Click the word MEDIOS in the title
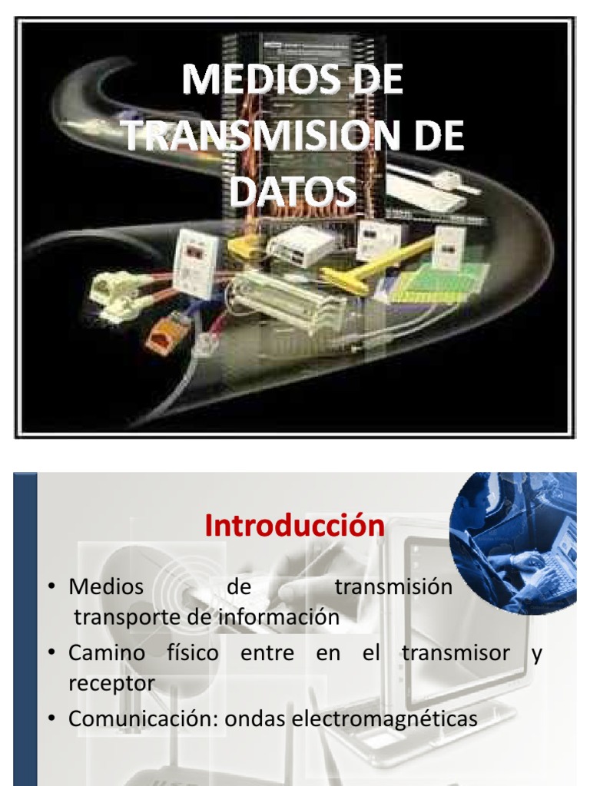pyautogui.click(x=258, y=79)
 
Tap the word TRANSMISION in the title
pyautogui.click(x=264, y=135)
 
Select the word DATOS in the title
pyautogui.click(x=293, y=191)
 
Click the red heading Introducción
pyautogui.click(x=294, y=525)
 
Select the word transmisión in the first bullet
pyautogui.click(x=394, y=586)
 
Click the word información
pyautogui.click(x=279, y=616)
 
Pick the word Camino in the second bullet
pyautogui.click(x=107, y=652)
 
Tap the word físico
pyautogui.click(x=193, y=652)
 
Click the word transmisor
pyautogui.click(x=456, y=652)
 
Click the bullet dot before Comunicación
pyautogui.click(x=51, y=718)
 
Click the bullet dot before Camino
pyautogui.click(x=51, y=652)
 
